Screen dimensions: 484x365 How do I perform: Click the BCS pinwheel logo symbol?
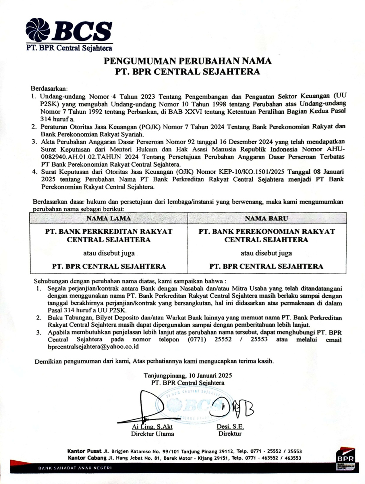[38, 31]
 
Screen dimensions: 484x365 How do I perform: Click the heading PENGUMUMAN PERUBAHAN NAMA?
[188, 61]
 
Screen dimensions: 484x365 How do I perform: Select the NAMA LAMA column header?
[108, 218]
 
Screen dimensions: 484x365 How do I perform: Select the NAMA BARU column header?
[267, 218]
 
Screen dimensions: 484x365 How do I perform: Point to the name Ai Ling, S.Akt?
[152, 427]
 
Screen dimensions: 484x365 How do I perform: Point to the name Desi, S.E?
[230, 427]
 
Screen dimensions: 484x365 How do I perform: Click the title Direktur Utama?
[152, 434]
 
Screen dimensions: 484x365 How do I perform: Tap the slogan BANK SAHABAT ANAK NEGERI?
[75, 468]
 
